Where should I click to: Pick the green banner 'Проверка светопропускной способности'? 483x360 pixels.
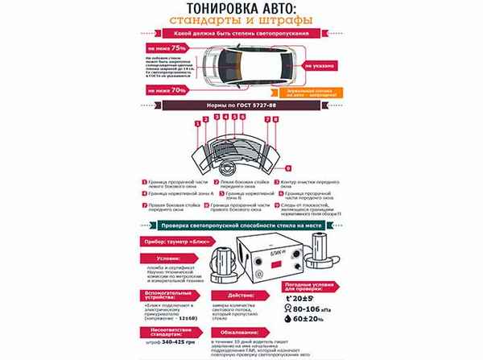point(241,226)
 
